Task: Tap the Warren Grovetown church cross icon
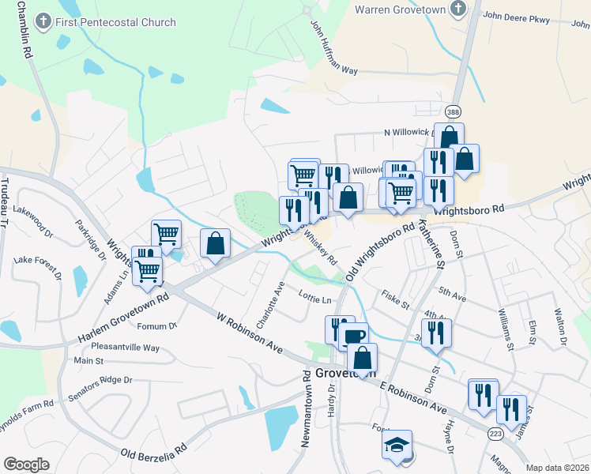(457, 9)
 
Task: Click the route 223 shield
(495, 434)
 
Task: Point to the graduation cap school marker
(397, 444)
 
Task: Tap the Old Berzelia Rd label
(153, 454)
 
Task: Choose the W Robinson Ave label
(250, 331)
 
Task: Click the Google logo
(26, 465)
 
